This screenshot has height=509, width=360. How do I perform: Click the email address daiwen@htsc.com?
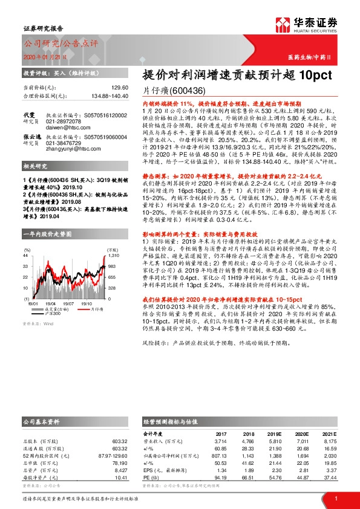point(66,127)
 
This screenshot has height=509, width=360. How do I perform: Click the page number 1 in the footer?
point(336,499)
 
